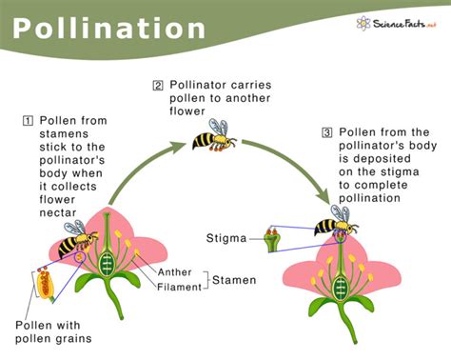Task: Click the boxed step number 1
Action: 29,120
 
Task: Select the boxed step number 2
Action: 158,86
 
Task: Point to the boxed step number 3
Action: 328,131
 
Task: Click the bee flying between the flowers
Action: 213,137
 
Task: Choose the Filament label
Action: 180,286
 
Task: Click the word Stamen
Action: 232,280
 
